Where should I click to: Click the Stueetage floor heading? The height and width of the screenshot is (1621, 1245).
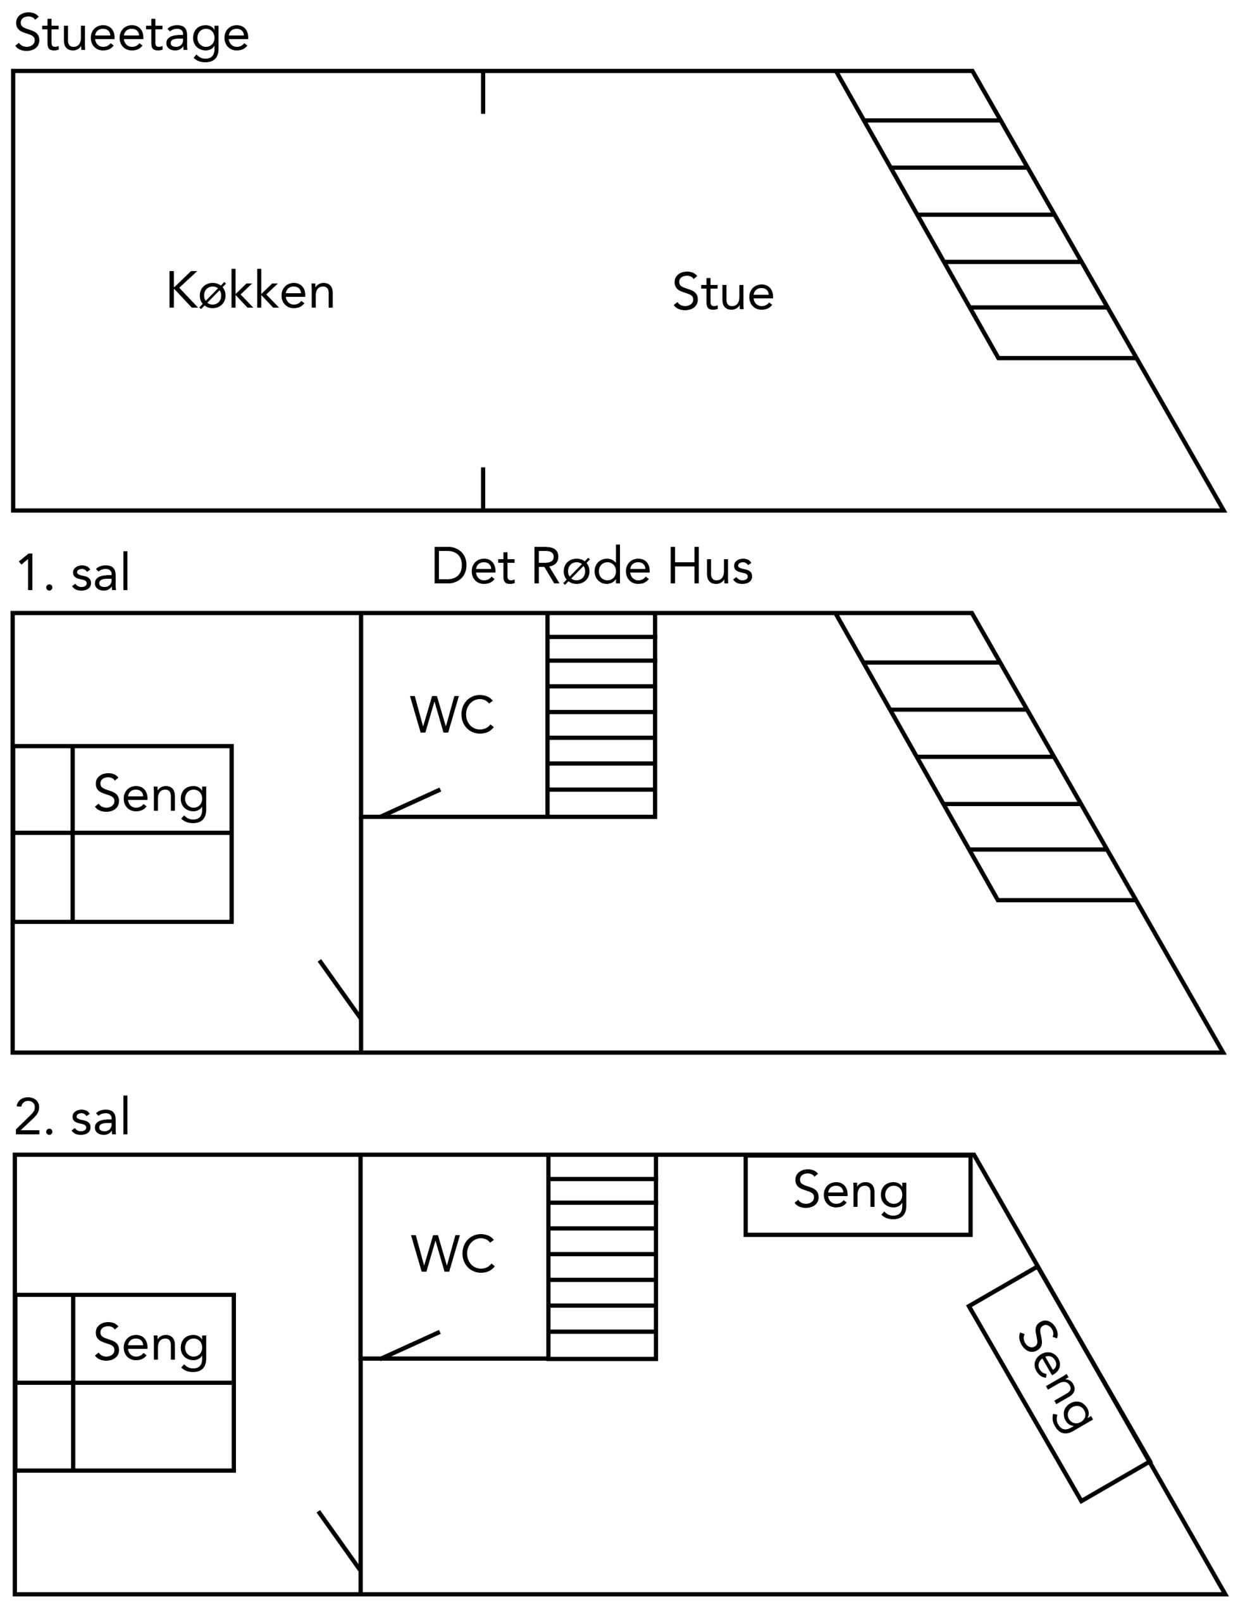tap(131, 35)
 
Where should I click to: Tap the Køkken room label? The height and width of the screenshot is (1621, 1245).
tap(251, 291)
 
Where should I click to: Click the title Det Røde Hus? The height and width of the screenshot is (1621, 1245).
tap(592, 567)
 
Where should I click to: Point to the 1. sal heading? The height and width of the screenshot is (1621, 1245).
tap(73, 573)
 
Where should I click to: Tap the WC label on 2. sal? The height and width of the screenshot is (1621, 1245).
tap(453, 1254)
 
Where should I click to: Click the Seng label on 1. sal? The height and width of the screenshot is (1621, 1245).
tap(151, 794)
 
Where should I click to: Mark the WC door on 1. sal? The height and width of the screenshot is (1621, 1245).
tap(410, 803)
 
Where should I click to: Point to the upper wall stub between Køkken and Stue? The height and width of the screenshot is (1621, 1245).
tap(483, 92)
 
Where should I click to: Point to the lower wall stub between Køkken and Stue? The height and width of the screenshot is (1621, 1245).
tap(483, 488)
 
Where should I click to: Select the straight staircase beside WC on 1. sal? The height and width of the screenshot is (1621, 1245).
tap(601, 715)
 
